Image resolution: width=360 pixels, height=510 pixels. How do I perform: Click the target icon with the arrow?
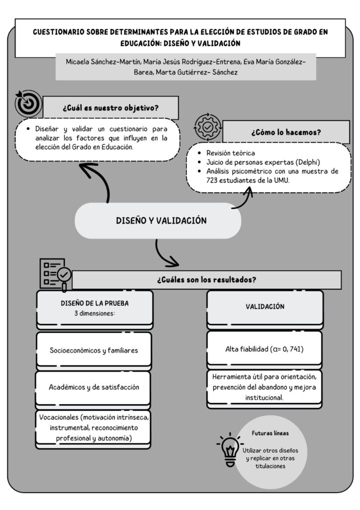28,104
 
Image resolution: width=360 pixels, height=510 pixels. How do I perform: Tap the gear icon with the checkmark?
206,127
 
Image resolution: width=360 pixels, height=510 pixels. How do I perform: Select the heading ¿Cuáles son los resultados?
206,279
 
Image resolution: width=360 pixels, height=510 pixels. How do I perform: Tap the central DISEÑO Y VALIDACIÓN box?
158,220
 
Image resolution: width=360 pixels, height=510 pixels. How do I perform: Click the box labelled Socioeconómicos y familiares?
94,350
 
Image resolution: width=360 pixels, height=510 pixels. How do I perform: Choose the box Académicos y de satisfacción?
94,387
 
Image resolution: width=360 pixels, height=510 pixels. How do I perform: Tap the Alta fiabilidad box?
265,349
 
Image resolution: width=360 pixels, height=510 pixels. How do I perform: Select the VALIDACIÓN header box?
265,307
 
